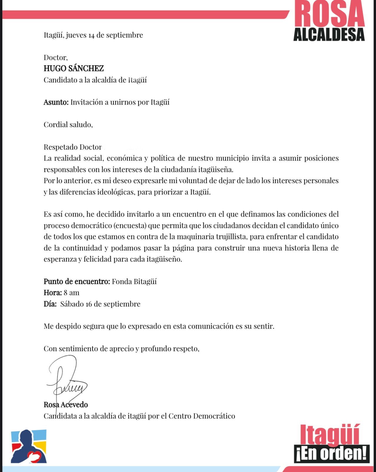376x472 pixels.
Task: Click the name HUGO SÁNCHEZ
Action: coord(74,68)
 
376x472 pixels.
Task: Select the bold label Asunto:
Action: coord(56,102)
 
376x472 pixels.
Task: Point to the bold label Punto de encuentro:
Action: coord(77,281)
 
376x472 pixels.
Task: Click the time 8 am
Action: coord(72,293)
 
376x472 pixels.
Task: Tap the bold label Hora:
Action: coord(52,293)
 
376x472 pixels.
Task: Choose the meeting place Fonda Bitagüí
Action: coord(134,281)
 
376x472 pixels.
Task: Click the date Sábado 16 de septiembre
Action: coord(100,304)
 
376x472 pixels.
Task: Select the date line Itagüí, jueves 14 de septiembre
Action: coord(93,35)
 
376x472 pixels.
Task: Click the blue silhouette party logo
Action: coord(29,446)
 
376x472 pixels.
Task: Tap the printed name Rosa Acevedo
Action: coord(66,405)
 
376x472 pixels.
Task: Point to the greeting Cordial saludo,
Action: coord(68,124)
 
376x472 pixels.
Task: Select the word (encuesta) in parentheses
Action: coord(130,226)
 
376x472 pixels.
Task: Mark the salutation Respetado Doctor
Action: coord(72,147)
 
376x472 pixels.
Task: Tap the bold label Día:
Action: coord(50,304)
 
